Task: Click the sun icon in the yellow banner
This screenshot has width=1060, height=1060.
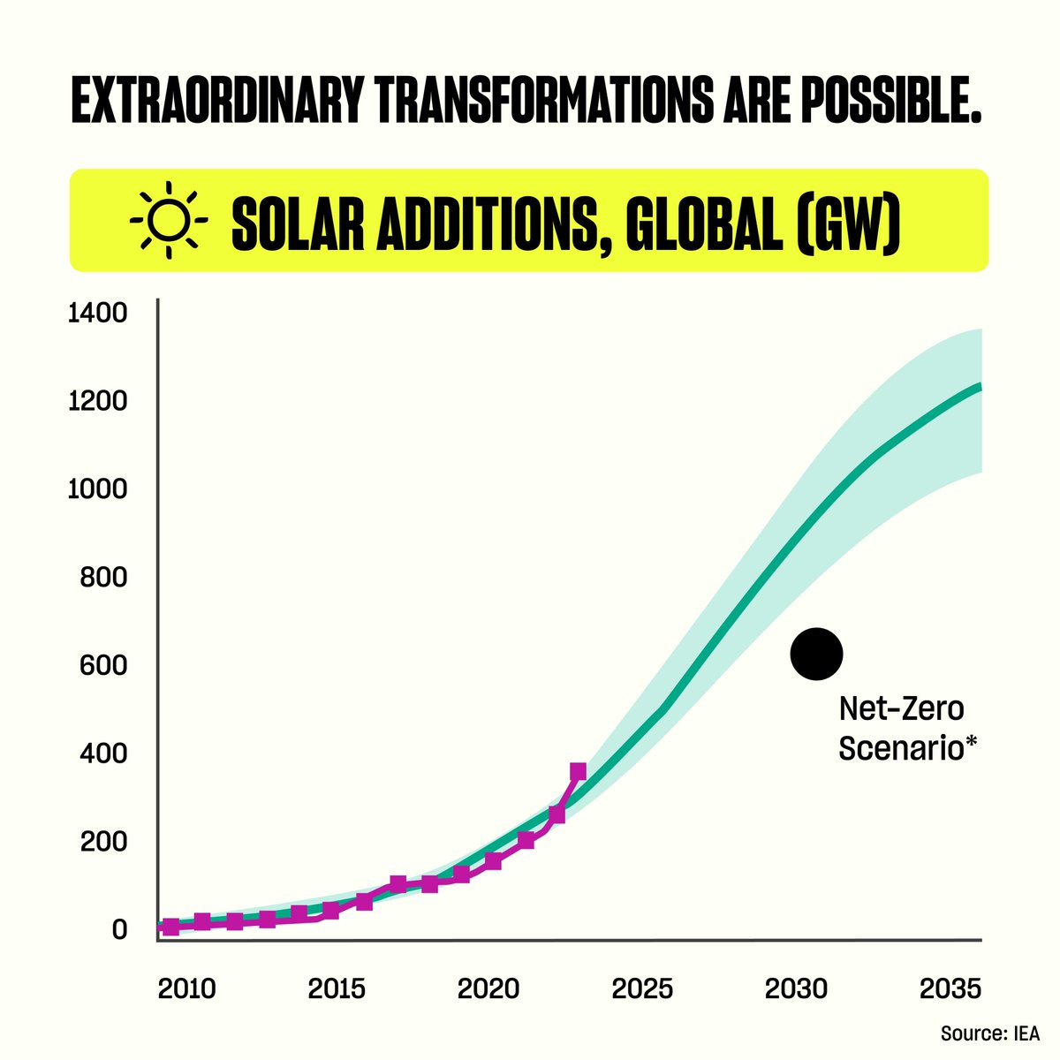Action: coord(169,219)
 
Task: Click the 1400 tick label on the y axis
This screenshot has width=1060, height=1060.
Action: coord(98,314)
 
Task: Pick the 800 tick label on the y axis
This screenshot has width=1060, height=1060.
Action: coord(103,578)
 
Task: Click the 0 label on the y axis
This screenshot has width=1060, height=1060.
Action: coord(119,929)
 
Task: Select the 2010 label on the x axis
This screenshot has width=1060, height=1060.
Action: coord(187,988)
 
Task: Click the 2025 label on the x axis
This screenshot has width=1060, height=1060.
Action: coord(642,988)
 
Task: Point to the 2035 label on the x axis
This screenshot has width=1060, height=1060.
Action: coord(950,988)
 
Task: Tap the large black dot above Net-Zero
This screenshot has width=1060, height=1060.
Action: coord(816,655)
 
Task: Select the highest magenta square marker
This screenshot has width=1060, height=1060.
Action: coord(578,772)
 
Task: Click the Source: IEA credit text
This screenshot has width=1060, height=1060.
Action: coord(989,1033)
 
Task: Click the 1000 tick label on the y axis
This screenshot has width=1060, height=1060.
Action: coord(98,489)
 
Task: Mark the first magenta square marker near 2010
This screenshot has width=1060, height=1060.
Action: coord(170,927)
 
